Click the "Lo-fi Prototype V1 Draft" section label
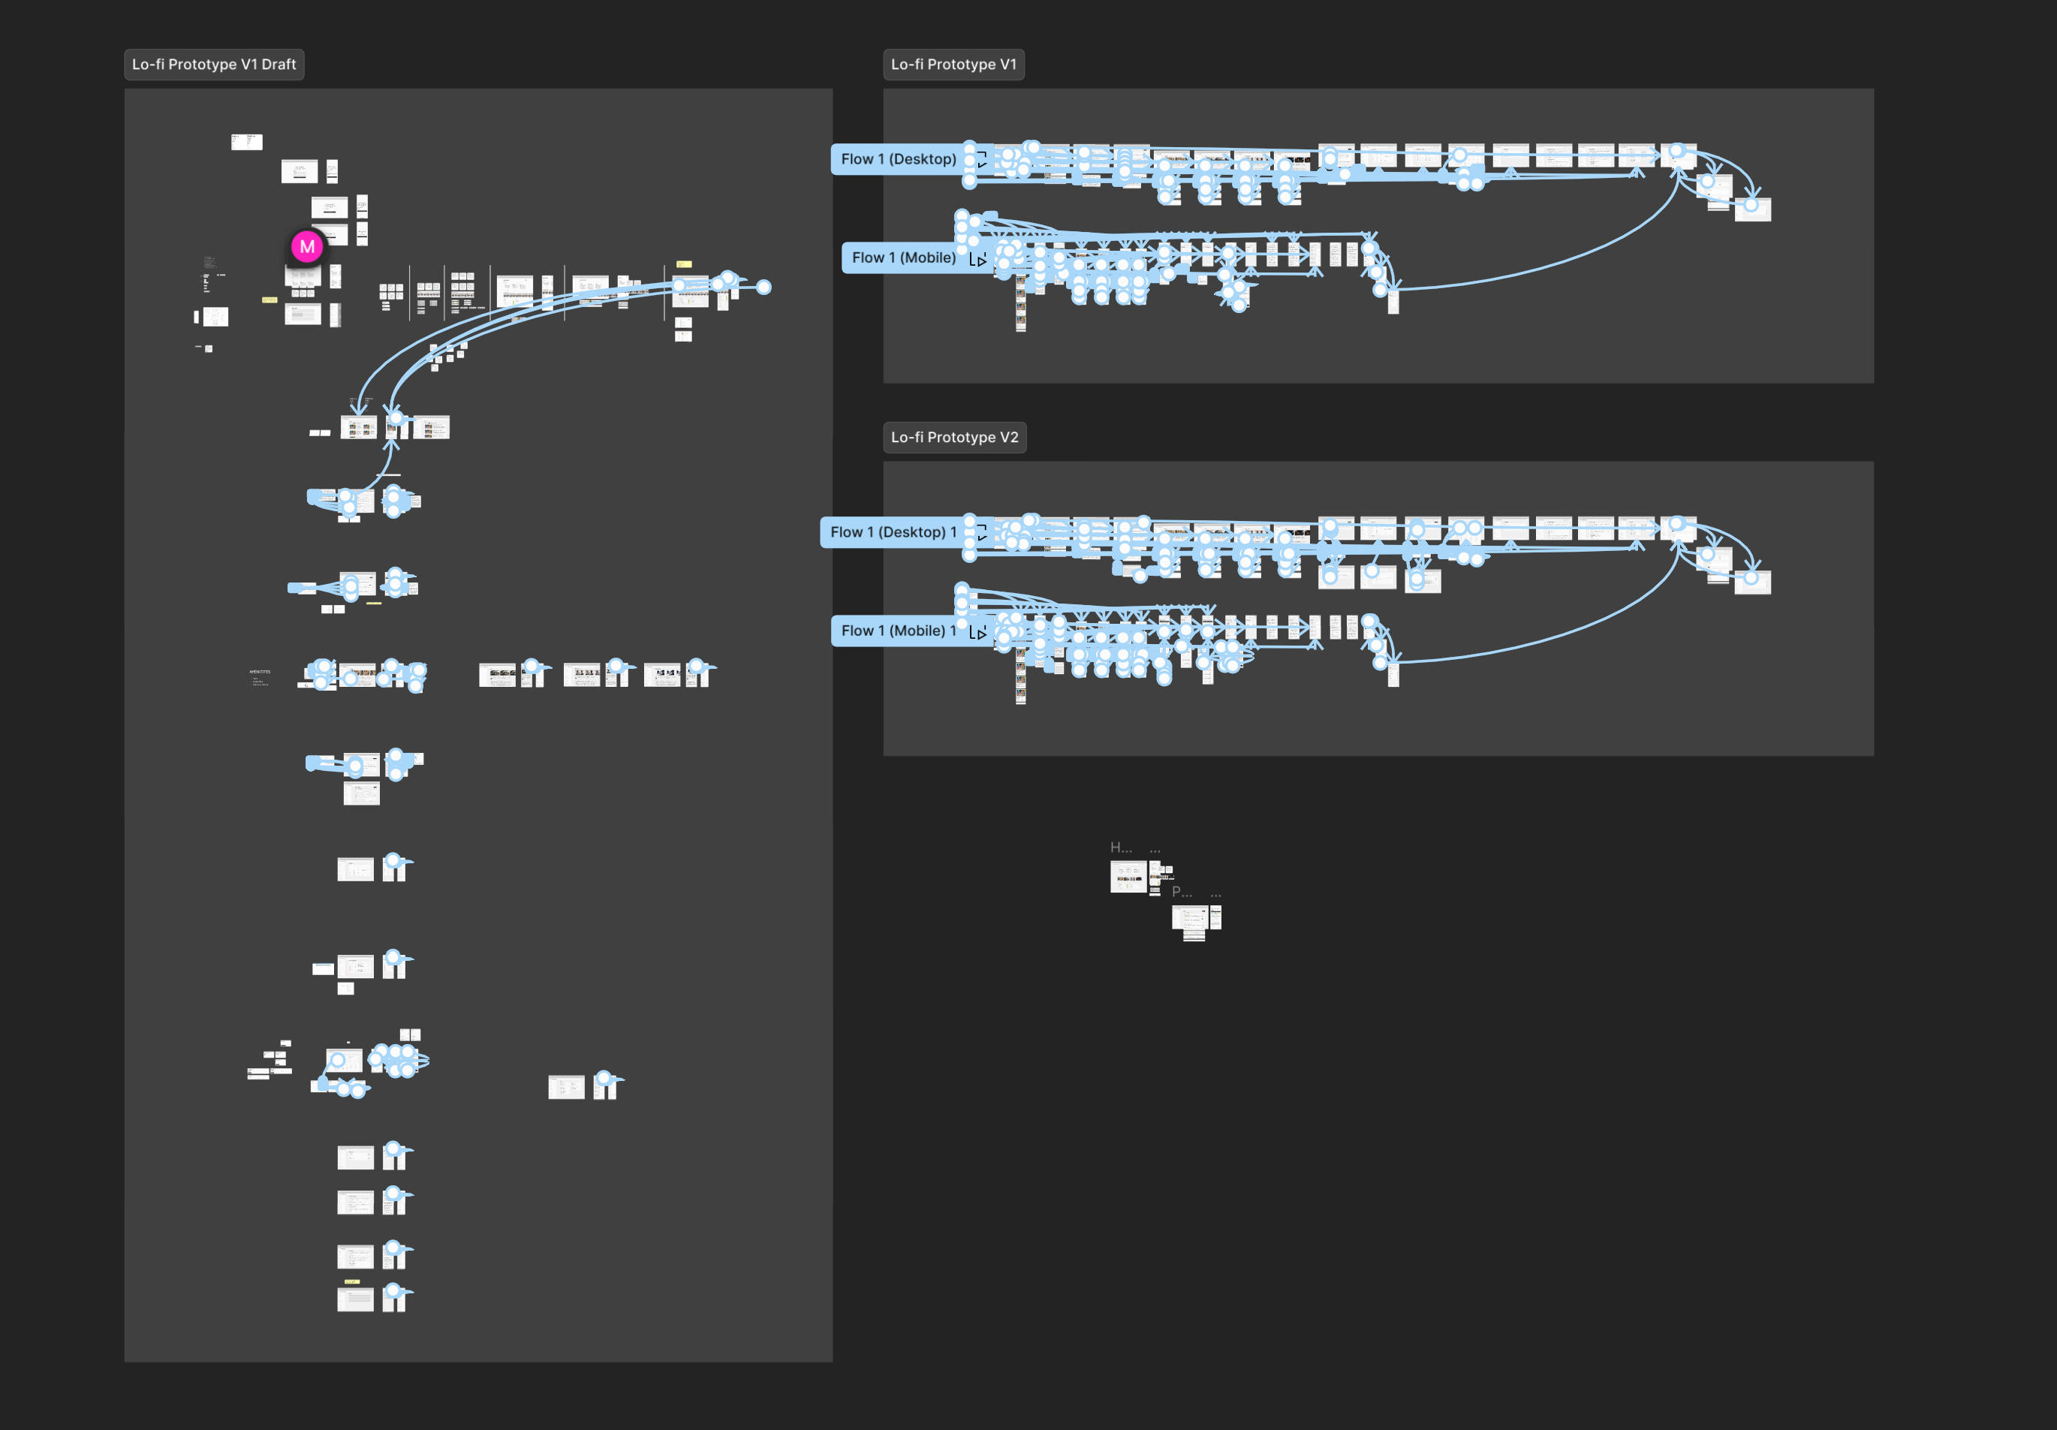[213, 65]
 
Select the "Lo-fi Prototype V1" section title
[953, 65]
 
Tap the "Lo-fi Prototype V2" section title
[954, 437]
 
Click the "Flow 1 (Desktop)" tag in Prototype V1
[898, 159]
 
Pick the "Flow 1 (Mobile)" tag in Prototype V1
[903, 258]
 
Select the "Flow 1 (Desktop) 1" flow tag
[893, 532]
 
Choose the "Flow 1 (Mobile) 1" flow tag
[898, 631]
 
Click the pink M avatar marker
[307, 247]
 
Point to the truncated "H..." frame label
[1121, 847]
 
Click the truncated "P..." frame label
[1182, 893]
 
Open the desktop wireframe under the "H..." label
[1128, 876]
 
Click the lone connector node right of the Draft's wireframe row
[763, 288]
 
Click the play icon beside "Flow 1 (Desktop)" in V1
[981, 161]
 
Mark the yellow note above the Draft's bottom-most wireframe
[352, 1282]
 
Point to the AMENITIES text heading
[260, 671]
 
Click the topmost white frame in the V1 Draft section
[246, 142]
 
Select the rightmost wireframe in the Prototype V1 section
[1752, 209]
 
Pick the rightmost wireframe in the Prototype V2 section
[1752, 583]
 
